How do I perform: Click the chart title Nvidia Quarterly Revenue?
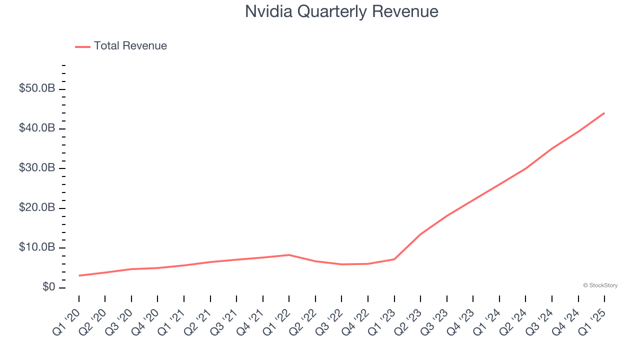(341, 11)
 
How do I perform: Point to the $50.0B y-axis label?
(37, 88)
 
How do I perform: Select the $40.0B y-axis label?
(37, 128)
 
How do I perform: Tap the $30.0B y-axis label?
(37, 168)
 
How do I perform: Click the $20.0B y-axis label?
(37, 207)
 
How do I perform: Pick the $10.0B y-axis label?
(37, 247)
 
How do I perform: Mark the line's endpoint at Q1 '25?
(604, 113)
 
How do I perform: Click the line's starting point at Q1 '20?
(79, 275)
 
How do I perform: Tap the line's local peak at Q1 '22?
(289, 255)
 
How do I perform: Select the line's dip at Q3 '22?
(341, 264)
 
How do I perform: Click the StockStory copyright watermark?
(600, 285)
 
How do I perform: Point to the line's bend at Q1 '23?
(394, 259)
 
